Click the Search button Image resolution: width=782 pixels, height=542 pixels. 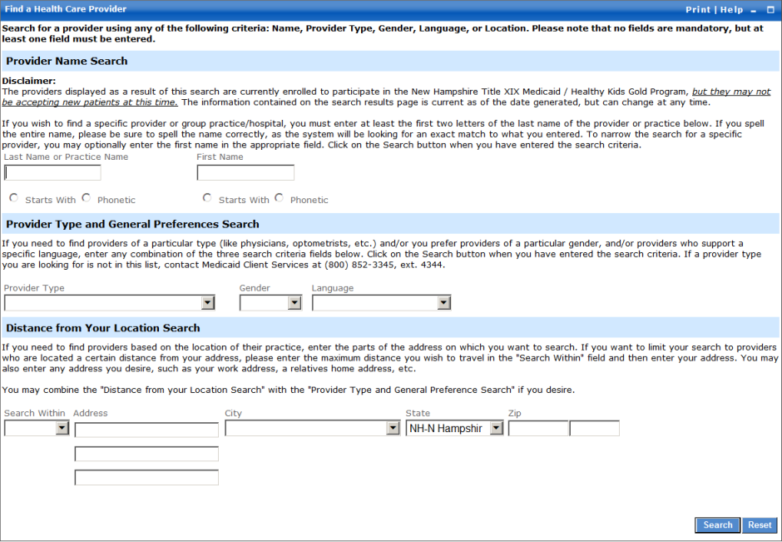[717, 525]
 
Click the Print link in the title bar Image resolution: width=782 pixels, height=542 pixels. [697, 10]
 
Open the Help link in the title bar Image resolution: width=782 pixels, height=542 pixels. [731, 10]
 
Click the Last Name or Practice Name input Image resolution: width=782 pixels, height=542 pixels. [52, 173]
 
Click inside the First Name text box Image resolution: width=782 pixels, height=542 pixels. [245, 173]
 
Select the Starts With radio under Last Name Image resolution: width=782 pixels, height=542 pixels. [13, 198]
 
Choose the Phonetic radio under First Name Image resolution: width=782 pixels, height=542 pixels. [280, 198]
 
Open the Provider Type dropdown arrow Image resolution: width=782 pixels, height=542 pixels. [208, 303]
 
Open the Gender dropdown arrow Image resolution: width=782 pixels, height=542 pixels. [294, 303]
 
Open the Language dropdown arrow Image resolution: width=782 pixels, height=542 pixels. [443, 303]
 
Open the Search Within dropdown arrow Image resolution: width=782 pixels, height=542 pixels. [62, 428]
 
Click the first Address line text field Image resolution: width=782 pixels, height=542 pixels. [146, 429]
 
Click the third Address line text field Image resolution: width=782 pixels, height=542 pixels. [146, 478]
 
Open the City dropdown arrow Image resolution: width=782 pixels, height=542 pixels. [393, 428]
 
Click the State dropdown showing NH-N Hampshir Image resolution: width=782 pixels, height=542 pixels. [454, 428]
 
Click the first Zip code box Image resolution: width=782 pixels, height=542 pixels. [538, 428]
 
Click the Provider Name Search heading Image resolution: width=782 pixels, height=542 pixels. [67, 61]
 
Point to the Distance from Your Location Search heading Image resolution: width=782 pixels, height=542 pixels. [103, 328]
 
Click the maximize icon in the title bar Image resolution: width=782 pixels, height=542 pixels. [770, 10]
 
